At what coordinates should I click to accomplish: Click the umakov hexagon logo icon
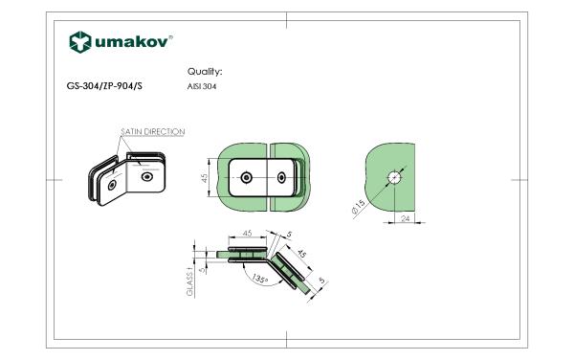point(80,42)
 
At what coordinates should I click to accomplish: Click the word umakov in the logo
point(132,42)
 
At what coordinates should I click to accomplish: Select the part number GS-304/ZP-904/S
point(104,86)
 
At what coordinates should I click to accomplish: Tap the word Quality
point(205,72)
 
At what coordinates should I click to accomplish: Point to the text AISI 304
point(202,86)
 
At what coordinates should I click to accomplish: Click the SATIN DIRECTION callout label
point(153,131)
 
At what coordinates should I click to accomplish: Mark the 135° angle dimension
point(260,279)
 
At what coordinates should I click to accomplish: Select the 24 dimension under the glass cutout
point(406,218)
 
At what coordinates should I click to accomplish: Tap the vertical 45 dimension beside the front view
point(205,178)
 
